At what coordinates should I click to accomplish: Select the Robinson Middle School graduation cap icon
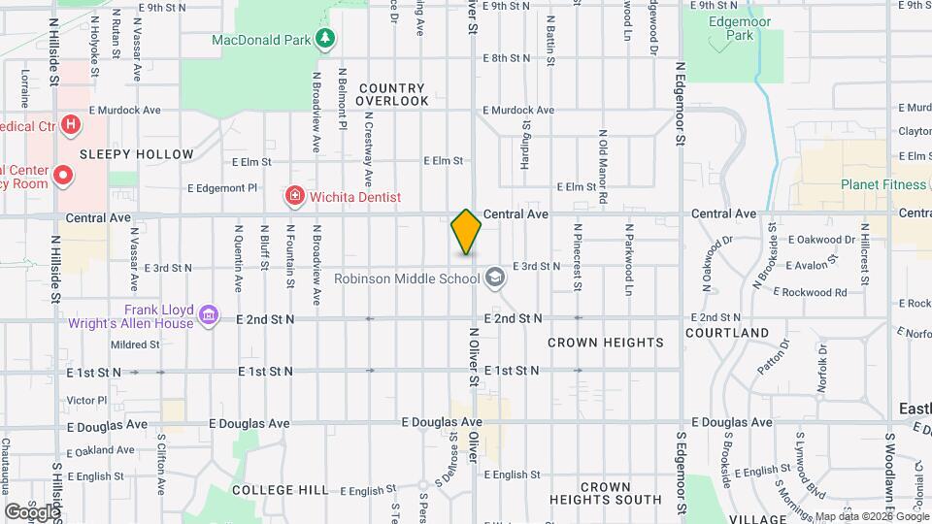[496, 278]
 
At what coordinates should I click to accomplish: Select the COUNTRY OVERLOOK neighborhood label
[391, 94]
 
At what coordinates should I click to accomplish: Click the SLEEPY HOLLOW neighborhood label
[136, 154]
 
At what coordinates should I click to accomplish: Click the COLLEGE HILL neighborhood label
[281, 490]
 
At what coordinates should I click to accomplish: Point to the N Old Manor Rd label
[603, 167]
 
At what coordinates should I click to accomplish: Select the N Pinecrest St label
[577, 260]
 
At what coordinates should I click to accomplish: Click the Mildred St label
[133, 344]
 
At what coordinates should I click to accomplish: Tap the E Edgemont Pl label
[222, 187]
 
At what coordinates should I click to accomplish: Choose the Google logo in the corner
[32, 511]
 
